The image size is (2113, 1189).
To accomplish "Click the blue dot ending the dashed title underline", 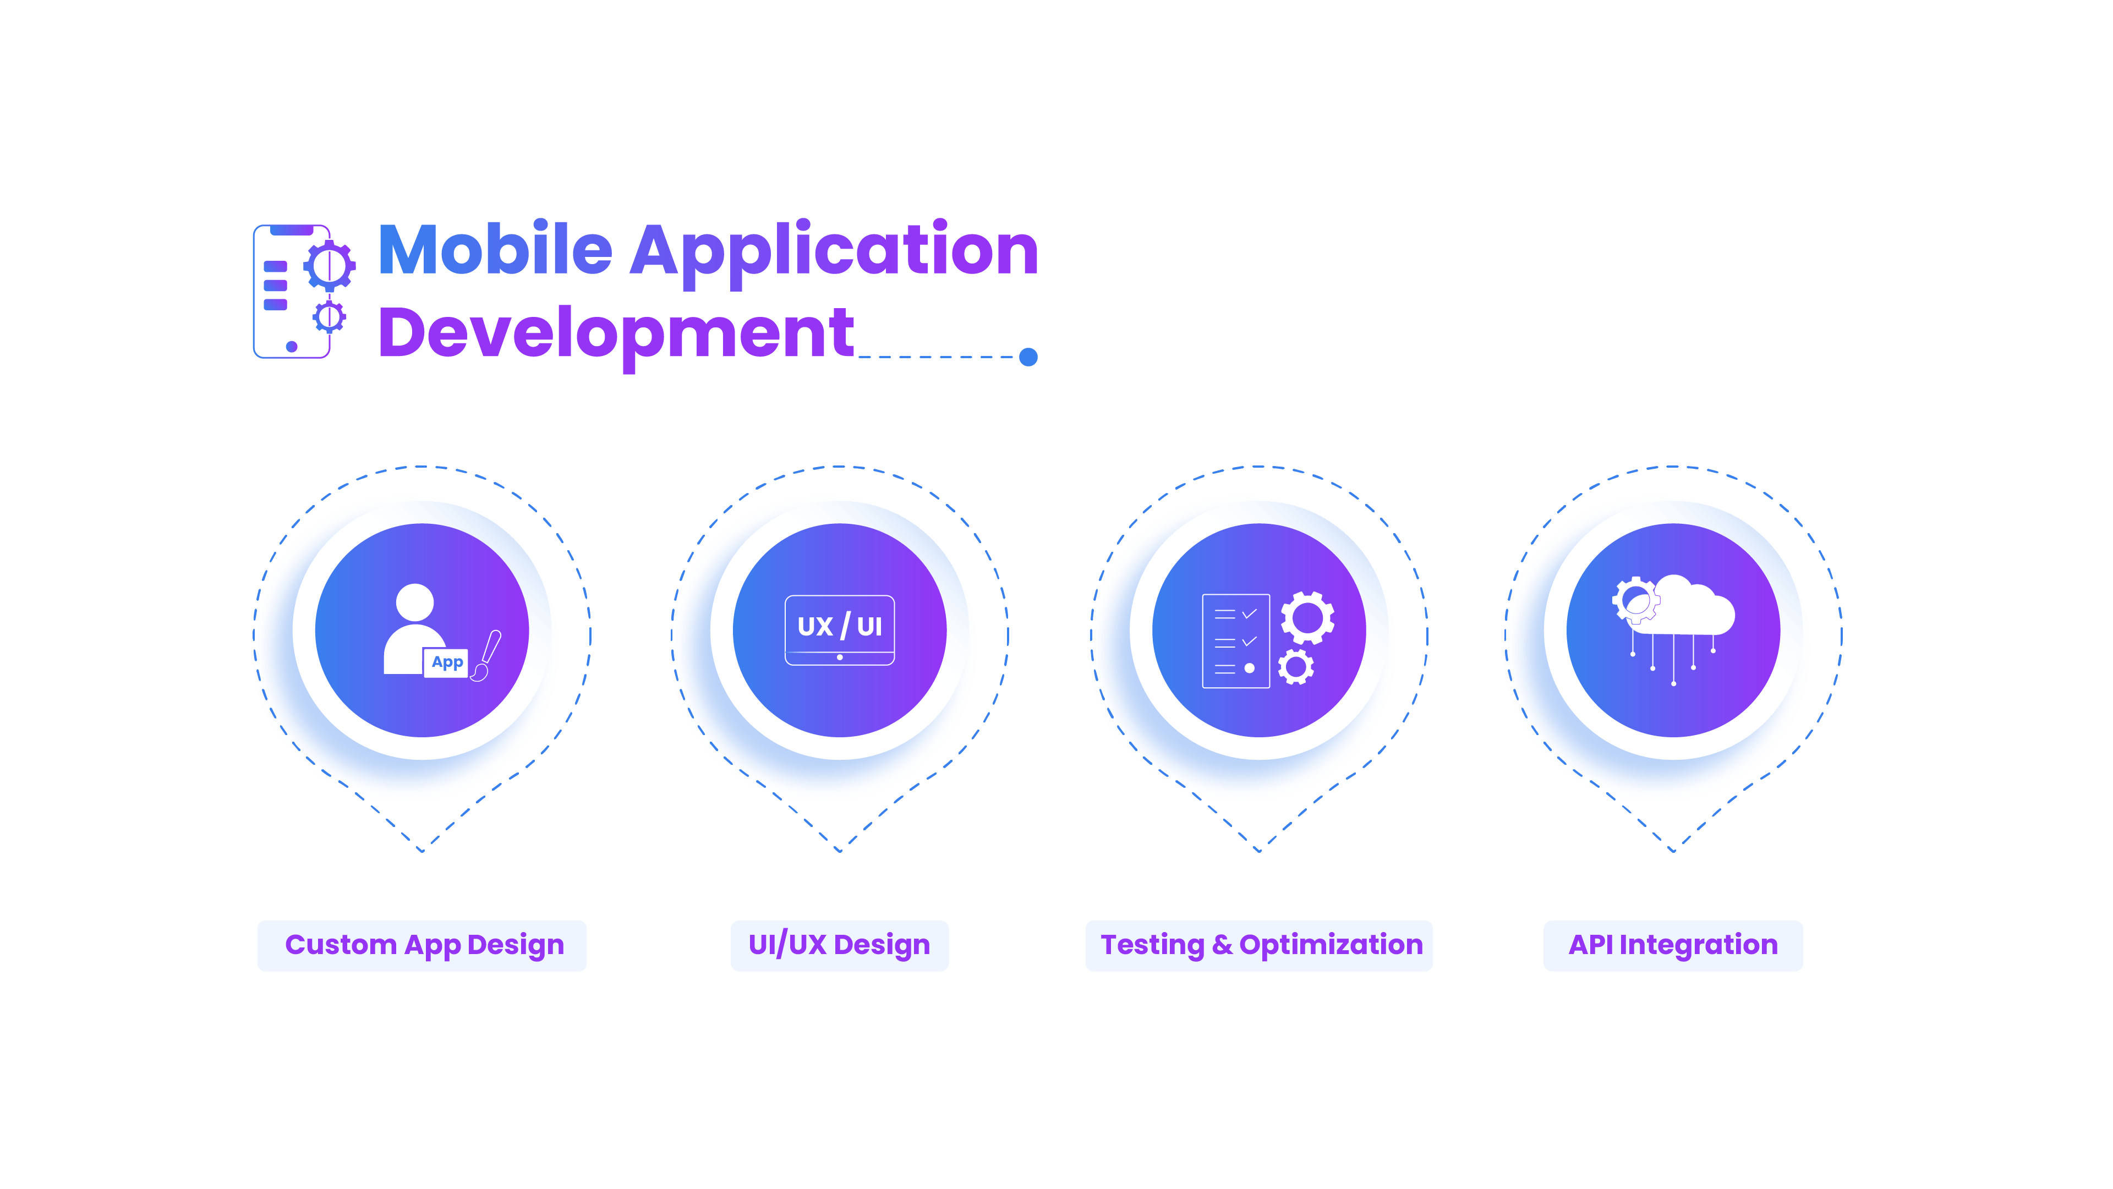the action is (1028, 357).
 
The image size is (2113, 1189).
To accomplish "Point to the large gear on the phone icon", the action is (330, 265).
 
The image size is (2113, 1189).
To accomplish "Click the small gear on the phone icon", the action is (329, 316).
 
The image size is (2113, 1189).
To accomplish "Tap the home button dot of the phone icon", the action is (291, 346).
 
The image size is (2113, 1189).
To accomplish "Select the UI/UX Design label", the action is (839, 945).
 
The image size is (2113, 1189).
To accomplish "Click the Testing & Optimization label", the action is (1258, 945).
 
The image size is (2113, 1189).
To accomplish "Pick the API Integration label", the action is (1673, 945).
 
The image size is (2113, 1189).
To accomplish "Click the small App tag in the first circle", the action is (446, 662).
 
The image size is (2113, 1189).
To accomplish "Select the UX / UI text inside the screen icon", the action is (839, 627).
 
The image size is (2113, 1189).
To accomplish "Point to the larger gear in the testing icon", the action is (1307, 617).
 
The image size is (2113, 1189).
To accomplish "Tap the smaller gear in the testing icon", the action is (1296, 667).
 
